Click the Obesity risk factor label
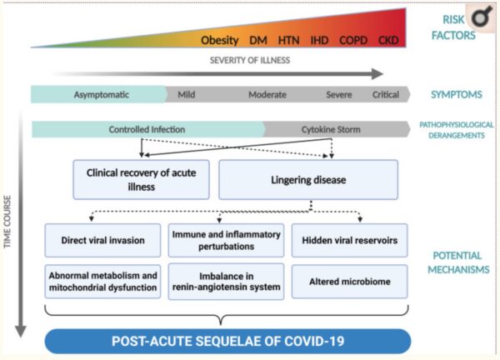coord(220,40)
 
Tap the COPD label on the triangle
coord(354,40)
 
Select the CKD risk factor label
coord(388,40)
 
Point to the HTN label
coord(288,40)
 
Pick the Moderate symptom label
coord(267,94)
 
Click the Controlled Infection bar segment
coord(147,129)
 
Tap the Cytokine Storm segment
coord(330,129)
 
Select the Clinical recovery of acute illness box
coord(141,180)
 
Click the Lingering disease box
coord(307,180)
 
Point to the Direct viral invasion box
coord(102,240)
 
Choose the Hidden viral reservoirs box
coord(349,240)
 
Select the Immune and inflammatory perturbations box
coord(226,240)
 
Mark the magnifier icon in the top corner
coord(479,18)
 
